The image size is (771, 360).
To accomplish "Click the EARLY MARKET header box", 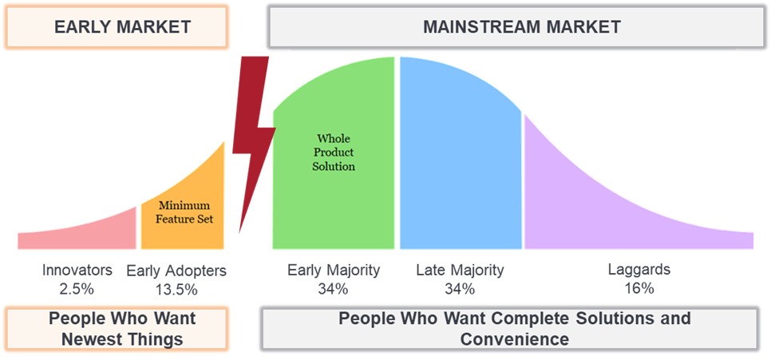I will point(117,26).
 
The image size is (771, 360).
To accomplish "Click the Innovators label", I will point(77,270).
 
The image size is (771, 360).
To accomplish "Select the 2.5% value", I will point(77,287).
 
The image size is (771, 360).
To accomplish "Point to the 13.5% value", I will point(176,288).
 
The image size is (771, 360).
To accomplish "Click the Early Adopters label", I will point(176,271).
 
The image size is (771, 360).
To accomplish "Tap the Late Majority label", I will point(460,270).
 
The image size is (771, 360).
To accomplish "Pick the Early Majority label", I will point(334,270).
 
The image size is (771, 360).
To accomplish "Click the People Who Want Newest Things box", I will point(117,328).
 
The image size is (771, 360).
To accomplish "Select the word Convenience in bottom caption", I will point(514,338).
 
